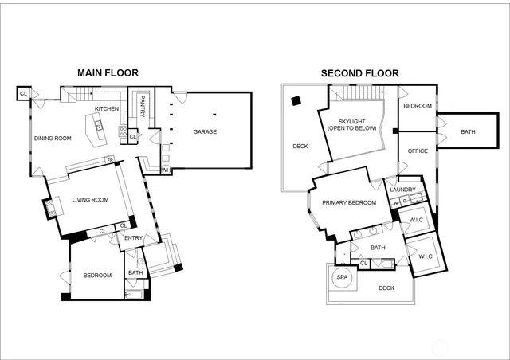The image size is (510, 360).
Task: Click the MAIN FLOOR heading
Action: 108,73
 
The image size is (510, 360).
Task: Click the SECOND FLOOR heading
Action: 359,73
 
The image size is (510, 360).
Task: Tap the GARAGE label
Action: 205,132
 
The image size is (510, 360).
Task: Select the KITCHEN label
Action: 107,109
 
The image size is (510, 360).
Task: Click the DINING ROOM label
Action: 53,139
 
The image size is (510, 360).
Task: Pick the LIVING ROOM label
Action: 90,200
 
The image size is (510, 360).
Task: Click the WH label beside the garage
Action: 166,170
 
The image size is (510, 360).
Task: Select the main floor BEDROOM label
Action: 98,276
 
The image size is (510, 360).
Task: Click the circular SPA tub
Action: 343,277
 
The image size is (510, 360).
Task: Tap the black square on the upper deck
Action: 296,101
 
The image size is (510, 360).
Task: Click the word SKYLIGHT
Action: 351,121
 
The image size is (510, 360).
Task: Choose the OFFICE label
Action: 418,151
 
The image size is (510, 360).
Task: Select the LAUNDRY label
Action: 403,189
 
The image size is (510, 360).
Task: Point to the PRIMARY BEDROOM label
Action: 349,203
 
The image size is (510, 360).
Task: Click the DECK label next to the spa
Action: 386,288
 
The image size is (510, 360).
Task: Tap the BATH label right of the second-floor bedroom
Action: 468,132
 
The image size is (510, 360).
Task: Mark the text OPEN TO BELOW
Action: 351,128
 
